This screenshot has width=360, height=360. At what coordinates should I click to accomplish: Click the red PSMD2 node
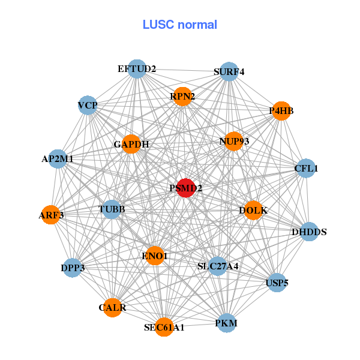click(186, 188)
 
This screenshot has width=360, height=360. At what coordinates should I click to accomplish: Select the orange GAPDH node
click(131, 144)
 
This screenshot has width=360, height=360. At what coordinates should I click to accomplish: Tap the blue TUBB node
click(112, 209)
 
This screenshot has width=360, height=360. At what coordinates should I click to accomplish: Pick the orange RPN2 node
click(182, 96)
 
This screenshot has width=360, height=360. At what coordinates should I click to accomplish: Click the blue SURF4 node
click(229, 72)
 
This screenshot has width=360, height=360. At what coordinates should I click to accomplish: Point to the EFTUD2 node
click(137, 69)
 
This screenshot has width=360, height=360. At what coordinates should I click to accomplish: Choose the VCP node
click(88, 106)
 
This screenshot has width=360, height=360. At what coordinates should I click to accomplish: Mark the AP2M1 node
click(58, 159)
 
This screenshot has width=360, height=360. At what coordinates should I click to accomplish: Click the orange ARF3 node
click(51, 214)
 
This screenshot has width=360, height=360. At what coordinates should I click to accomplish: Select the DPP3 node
click(73, 268)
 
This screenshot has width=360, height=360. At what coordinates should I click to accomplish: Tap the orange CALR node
click(112, 308)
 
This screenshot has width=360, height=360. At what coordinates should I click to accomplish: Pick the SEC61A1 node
click(164, 327)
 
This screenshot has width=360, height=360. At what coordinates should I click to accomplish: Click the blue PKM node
click(226, 323)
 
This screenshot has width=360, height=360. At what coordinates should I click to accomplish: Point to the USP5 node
click(277, 283)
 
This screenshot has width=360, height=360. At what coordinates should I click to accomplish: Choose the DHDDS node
click(308, 232)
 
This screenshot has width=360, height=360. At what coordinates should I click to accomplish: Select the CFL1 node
click(305, 169)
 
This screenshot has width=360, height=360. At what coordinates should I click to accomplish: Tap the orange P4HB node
click(281, 110)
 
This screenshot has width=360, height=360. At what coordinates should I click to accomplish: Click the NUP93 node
click(233, 142)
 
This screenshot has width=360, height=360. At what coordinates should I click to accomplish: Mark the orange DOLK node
click(253, 210)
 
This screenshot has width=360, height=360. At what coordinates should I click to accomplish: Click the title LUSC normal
click(179, 25)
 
